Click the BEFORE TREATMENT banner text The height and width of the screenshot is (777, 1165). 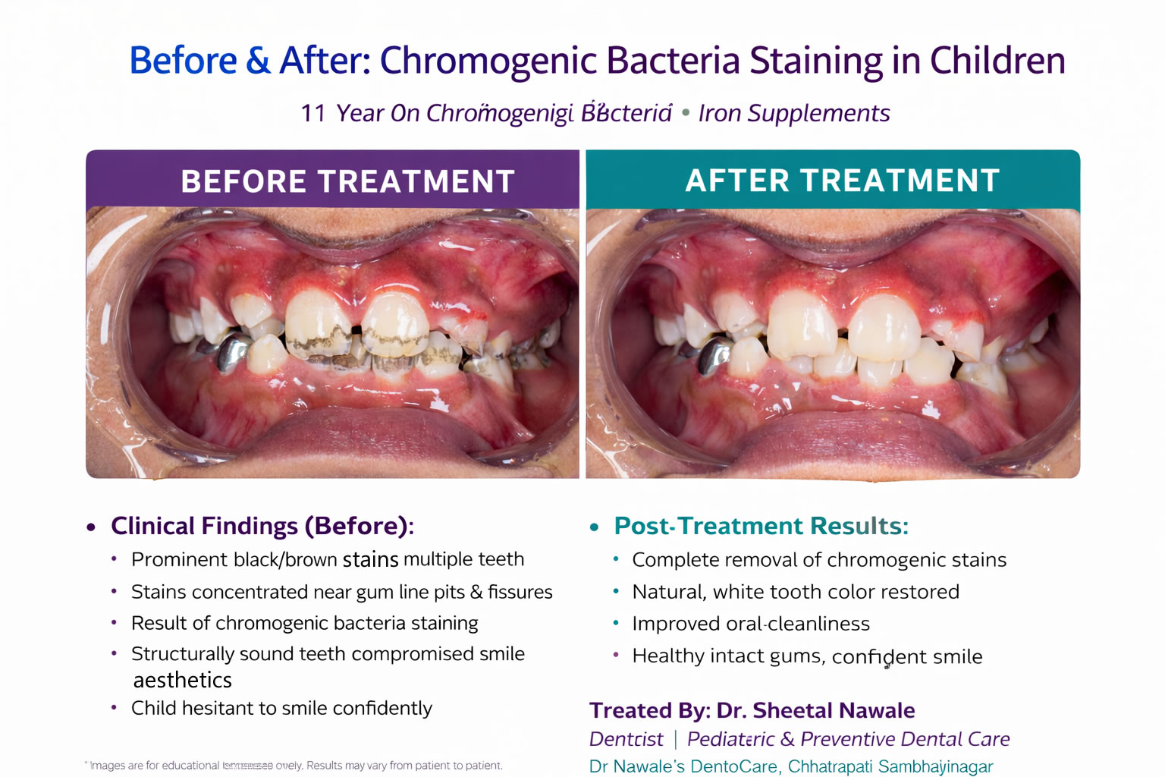[x=347, y=182]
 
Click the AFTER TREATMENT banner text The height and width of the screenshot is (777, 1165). [x=842, y=181]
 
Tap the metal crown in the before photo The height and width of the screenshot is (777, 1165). [x=233, y=352]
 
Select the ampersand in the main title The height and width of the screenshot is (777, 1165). [x=258, y=61]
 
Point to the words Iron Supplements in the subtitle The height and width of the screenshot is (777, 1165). [x=793, y=113]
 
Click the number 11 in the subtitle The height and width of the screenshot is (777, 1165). [x=312, y=114]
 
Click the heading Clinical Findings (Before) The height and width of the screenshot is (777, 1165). [x=262, y=526]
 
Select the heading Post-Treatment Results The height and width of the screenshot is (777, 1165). [x=761, y=526]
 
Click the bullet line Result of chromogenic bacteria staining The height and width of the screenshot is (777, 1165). [x=304, y=623]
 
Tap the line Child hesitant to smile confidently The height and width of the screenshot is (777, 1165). [x=281, y=708]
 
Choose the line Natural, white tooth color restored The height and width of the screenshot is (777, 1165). [x=796, y=592]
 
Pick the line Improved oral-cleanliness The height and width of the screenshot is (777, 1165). [x=751, y=624]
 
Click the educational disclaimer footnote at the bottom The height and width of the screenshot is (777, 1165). [x=296, y=766]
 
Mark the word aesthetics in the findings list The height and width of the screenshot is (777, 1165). [x=183, y=681]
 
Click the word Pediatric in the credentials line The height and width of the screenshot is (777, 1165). [x=730, y=739]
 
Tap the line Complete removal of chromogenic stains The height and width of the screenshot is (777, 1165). [x=819, y=560]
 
